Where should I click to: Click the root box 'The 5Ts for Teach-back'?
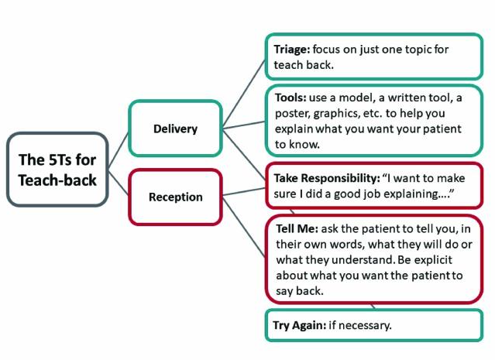pyautogui.click(x=57, y=169)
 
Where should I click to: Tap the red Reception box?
pyautogui.click(x=175, y=197)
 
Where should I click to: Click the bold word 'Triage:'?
pyautogui.click(x=292, y=49)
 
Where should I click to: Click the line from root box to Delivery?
pyautogui.click(x=118, y=151)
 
